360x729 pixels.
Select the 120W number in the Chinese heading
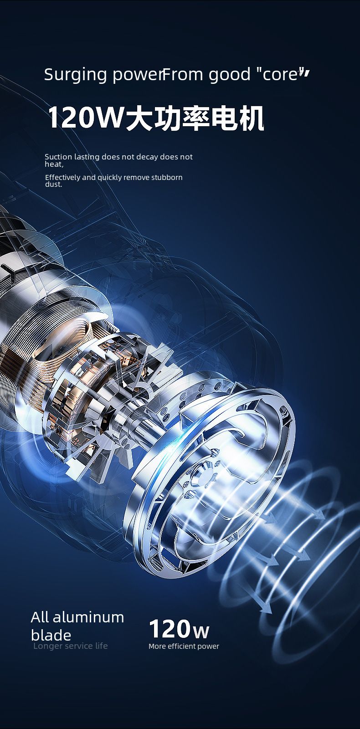(86, 118)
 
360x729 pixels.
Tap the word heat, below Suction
(54, 164)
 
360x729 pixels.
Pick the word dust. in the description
(53, 184)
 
